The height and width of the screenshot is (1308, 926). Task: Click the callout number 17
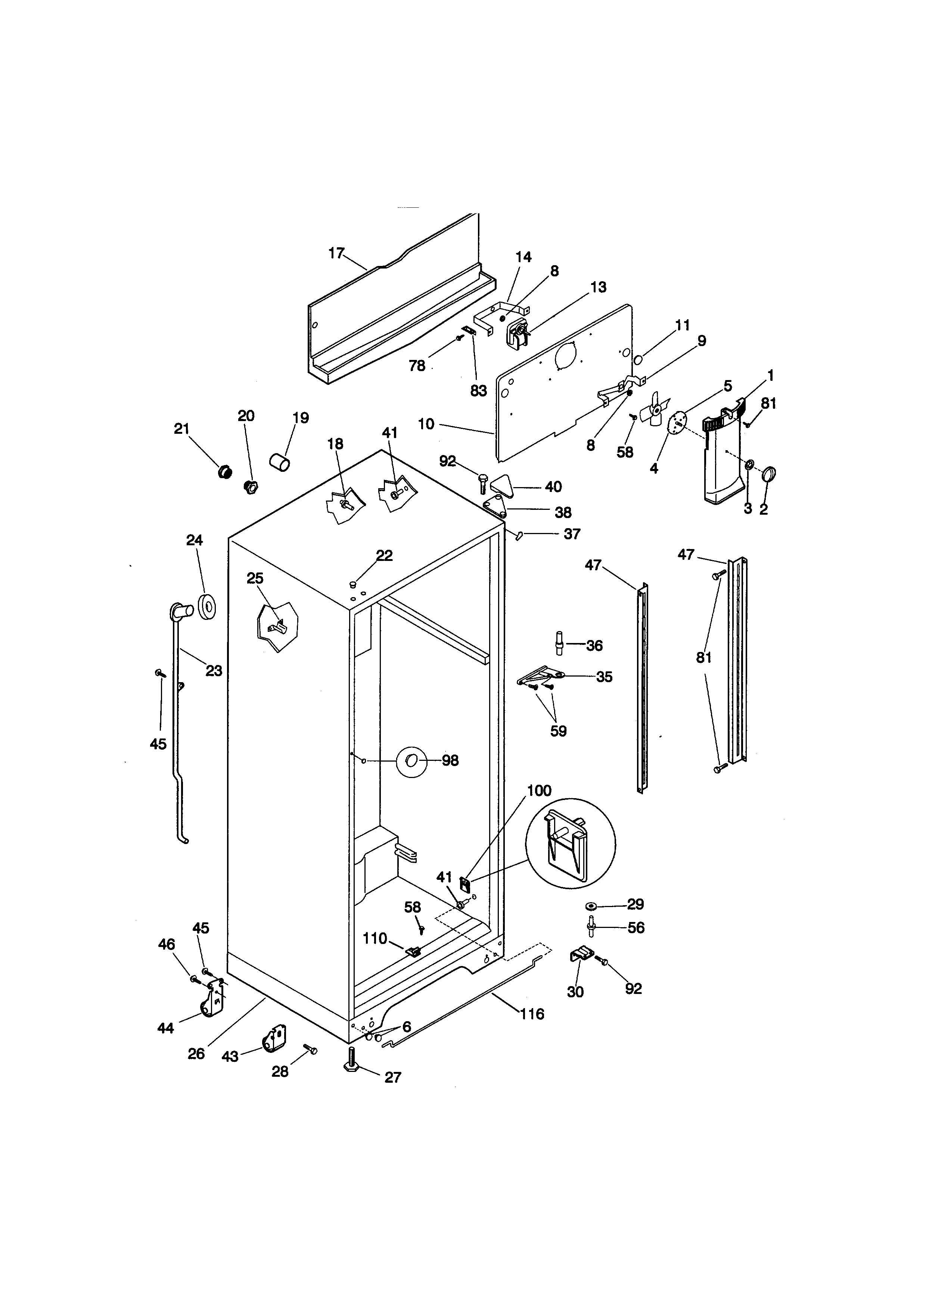[x=336, y=252]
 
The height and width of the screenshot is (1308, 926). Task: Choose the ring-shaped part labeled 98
[x=411, y=760]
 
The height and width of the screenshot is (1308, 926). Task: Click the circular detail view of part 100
[x=570, y=843]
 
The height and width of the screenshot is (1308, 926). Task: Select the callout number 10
[x=426, y=424]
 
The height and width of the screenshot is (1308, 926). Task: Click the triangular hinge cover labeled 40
[x=502, y=485]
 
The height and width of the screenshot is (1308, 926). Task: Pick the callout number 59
[x=558, y=731]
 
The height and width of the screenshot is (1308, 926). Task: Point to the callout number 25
[x=255, y=578]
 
